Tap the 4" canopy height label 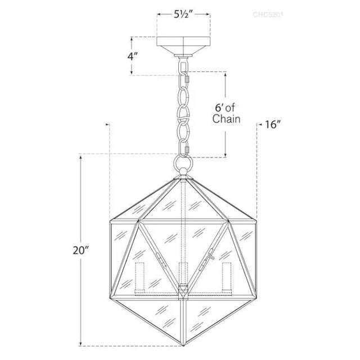133,56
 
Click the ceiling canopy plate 182,43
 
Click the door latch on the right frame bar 212,254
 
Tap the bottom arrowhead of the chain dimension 226,155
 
